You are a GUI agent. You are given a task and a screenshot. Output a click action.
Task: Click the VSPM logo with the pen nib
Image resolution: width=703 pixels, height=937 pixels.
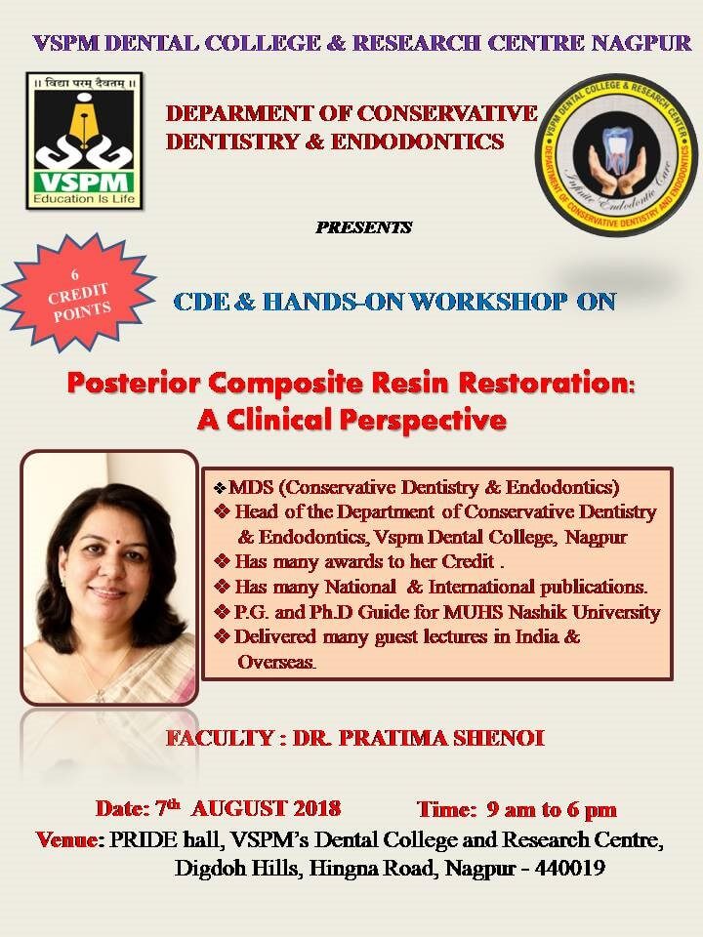point(84,141)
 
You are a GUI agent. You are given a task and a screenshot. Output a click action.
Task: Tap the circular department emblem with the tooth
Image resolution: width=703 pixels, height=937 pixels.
point(616,155)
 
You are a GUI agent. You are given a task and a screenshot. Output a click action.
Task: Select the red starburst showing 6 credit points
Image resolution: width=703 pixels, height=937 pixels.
point(78,292)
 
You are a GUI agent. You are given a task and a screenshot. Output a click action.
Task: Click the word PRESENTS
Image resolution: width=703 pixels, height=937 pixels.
point(363,227)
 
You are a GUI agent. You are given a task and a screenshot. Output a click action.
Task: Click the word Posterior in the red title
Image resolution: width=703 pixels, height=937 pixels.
point(134,384)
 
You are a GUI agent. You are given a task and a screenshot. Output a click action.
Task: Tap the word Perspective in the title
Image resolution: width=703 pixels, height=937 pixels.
point(423,421)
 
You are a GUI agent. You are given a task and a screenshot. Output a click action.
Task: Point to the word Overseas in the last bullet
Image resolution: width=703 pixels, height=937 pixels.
point(275,662)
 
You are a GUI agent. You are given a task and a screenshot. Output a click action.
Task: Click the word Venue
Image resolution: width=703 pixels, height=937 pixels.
point(68,839)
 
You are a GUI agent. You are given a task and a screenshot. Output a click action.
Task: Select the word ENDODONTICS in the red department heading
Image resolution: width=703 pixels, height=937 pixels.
point(417,142)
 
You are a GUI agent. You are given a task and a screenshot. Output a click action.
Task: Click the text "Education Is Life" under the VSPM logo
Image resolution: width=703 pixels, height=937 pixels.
point(84,199)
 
